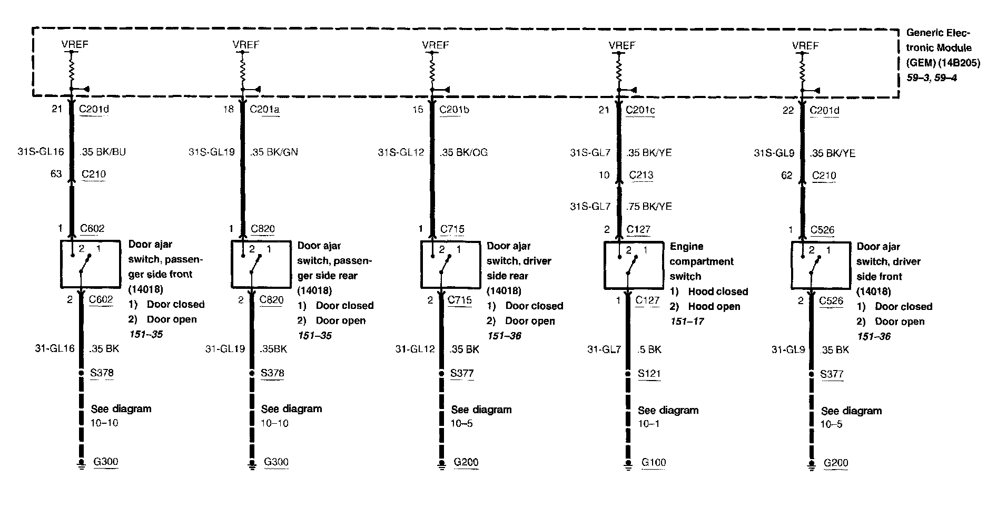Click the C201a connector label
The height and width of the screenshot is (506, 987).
click(264, 110)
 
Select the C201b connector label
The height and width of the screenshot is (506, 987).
click(455, 110)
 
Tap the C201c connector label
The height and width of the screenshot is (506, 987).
click(640, 110)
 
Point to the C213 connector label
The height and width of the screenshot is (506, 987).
click(640, 175)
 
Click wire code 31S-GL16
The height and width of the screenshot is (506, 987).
click(41, 152)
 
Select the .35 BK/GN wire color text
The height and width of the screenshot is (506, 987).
click(274, 152)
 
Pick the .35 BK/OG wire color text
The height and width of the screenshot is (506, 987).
click(463, 152)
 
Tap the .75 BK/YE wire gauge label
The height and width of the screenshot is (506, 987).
click(649, 207)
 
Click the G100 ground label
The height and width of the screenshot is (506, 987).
click(653, 462)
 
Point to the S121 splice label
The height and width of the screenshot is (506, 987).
click(649, 374)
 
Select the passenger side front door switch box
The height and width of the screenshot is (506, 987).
click(91, 264)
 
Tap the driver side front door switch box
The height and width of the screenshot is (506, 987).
click(821, 265)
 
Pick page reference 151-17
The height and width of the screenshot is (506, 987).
click(687, 321)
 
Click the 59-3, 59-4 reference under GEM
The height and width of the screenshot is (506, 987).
click(931, 78)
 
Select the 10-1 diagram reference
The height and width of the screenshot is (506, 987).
click(648, 424)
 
